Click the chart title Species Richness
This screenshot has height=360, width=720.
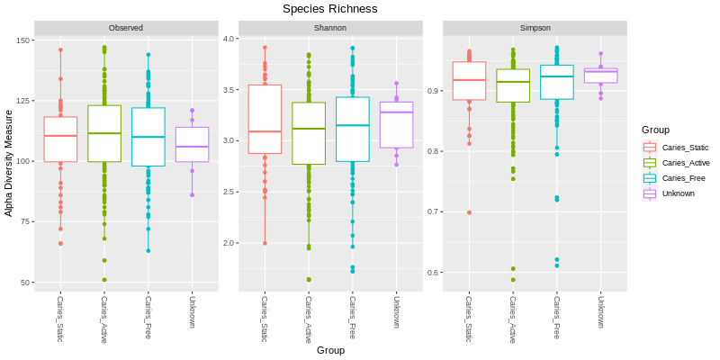click(329, 9)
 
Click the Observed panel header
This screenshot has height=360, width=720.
click(126, 28)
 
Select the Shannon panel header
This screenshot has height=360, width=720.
click(330, 28)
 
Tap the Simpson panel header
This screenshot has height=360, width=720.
click(535, 28)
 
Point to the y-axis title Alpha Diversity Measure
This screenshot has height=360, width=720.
click(9, 163)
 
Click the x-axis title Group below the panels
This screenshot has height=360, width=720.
click(330, 350)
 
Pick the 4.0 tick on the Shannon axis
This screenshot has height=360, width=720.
click(229, 39)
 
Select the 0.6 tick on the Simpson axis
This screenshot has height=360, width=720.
click(433, 273)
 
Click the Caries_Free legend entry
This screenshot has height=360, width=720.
click(683, 178)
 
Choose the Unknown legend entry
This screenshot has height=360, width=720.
click(678, 193)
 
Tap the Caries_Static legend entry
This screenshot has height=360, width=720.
click(685, 148)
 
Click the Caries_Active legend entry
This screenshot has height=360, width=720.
click(686, 163)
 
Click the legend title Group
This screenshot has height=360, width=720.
click(655, 130)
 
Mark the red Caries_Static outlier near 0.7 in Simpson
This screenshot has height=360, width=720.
click(469, 212)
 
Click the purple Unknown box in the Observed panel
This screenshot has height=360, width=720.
click(192, 145)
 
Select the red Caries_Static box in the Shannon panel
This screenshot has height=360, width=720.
click(265, 120)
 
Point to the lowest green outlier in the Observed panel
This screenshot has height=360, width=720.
click(104, 280)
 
